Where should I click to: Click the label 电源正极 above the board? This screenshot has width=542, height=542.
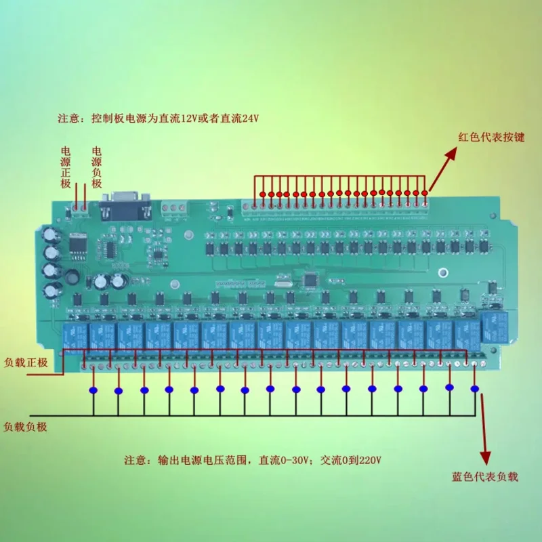pyautogui.click(x=66, y=167)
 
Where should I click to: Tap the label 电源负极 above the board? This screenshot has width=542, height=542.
pyautogui.click(x=96, y=167)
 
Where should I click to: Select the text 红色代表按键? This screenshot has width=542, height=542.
pyautogui.click(x=492, y=137)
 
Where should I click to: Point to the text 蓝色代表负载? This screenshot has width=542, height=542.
pyautogui.click(x=484, y=477)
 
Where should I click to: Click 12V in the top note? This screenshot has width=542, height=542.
pyautogui.click(x=190, y=118)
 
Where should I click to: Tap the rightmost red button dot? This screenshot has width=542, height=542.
pyautogui.click(x=425, y=194)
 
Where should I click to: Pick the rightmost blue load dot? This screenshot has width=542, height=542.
pyautogui.click(x=474, y=389)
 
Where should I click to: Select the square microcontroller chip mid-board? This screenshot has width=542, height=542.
pyautogui.click(x=311, y=278)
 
